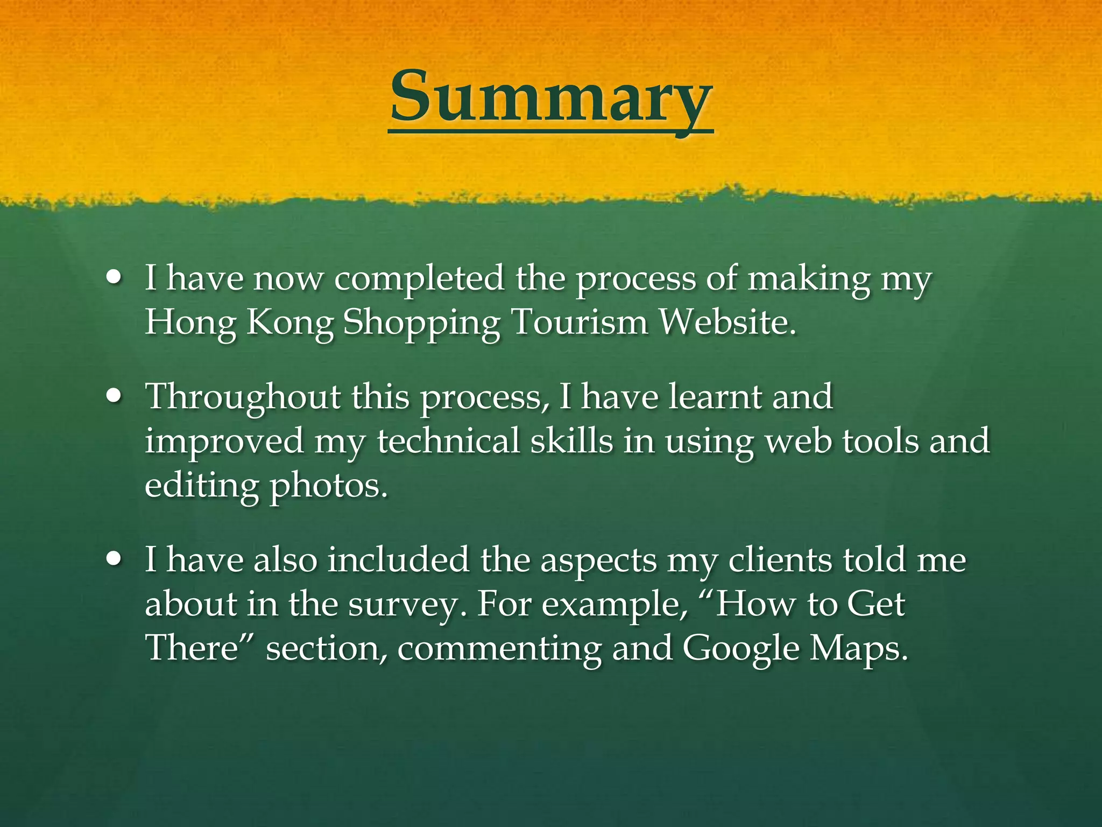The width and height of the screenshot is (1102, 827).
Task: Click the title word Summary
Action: pyautogui.click(x=550, y=97)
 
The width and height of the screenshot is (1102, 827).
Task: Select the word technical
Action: pyautogui.click(x=448, y=441)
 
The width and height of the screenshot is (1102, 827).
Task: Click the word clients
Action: pyautogui.click(x=781, y=560)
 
